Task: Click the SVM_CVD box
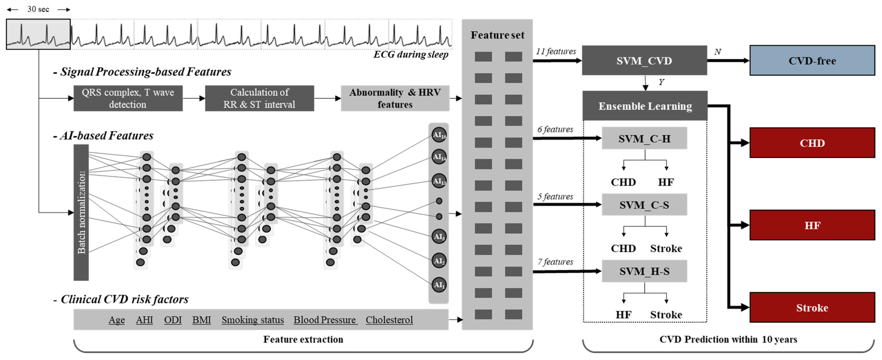point(644,61)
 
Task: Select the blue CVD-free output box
point(812,61)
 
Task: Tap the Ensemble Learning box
point(645,106)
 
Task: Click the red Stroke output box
point(812,307)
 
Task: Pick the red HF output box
point(812,225)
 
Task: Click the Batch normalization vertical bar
point(81,212)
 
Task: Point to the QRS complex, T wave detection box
point(128,98)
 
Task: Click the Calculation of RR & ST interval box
point(259,98)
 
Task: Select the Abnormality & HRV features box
point(395,98)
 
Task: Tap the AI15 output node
point(439,134)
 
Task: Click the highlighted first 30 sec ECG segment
point(38,34)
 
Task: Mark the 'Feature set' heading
point(497,35)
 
